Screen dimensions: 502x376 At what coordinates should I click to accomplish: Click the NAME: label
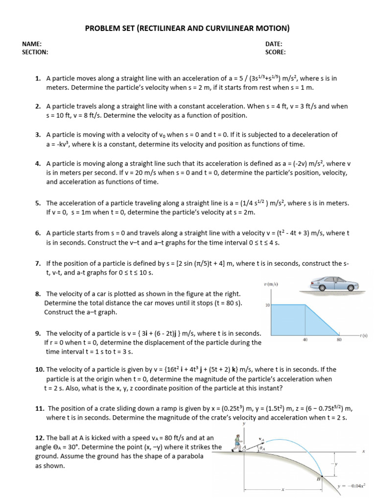pos(31,44)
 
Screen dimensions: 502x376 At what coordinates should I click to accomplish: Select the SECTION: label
pos(35,52)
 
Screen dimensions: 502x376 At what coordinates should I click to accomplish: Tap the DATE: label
pos(274,44)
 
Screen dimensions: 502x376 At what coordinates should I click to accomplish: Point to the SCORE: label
pos(276,52)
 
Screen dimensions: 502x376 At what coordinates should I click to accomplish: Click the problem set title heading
pos(188,28)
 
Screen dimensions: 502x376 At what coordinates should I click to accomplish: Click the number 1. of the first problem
pos(38,78)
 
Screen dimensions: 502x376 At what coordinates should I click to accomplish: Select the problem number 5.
pos(38,203)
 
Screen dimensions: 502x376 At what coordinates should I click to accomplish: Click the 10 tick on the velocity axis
pos(267,305)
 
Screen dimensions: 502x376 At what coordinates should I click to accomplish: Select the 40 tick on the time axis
pos(305,340)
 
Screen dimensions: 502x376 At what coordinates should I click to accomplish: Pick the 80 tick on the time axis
pos(339,340)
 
